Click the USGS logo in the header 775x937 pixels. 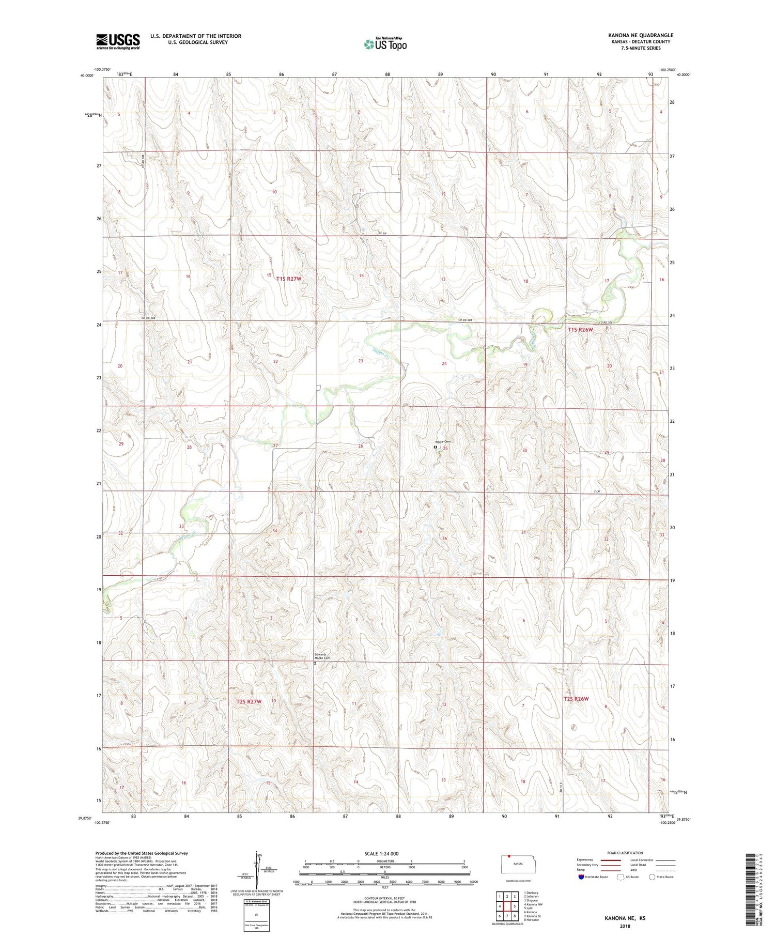click(118, 41)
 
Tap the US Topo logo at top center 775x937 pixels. click(385, 44)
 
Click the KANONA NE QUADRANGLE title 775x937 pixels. click(641, 35)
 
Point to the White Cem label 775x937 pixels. click(443, 441)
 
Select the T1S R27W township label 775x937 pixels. click(288, 279)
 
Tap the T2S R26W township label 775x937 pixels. click(576, 699)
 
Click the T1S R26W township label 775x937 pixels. click(580, 329)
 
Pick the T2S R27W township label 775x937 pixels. click(249, 701)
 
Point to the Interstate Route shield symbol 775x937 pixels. click(581, 877)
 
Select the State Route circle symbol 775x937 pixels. click(652, 877)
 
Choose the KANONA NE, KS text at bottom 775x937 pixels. click(625, 918)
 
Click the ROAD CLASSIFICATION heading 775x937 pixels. click(625, 853)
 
